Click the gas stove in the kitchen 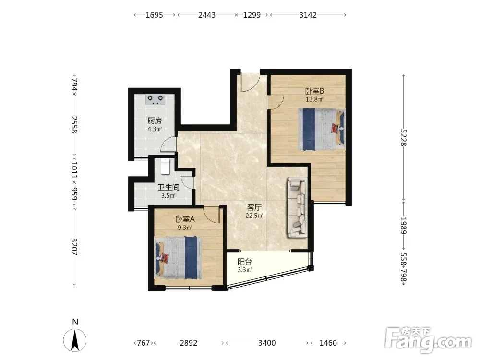tap(156, 99)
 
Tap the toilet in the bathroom tap(166, 166)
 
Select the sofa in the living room tap(297, 208)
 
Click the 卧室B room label tap(315, 91)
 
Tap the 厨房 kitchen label tap(155, 120)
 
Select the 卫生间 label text tap(168, 187)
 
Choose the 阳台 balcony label tap(245, 262)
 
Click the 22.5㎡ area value tap(254, 216)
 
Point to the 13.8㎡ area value tap(315, 99)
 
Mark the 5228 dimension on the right tap(404, 137)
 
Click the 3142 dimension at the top tap(308, 15)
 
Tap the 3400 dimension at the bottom tap(267, 343)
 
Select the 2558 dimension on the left tap(74, 124)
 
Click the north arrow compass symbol tap(75, 340)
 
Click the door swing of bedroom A tap(211, 215)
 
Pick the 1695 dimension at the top tap(154, 15)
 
